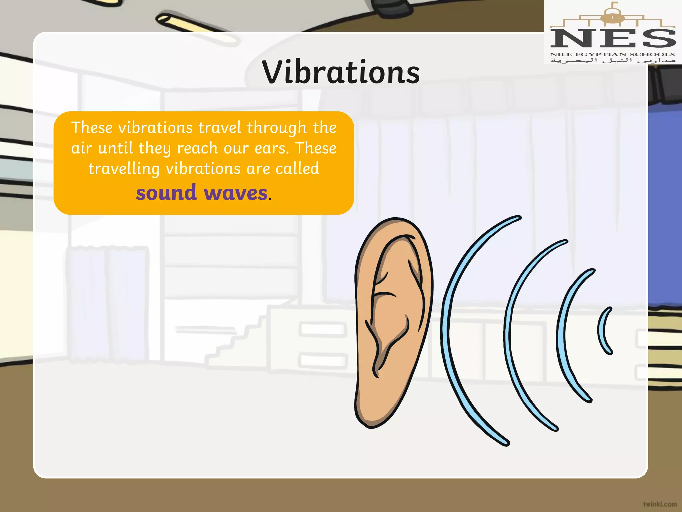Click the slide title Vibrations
tap(341, 72)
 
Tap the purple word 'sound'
tap(166, 193)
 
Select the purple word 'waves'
tap(235, 193)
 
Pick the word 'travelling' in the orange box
tap(124, 169)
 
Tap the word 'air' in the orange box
tap(81, 148)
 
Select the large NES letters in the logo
tap(613, 38)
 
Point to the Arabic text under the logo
tap(613, 61)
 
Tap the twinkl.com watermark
tap(660, 504)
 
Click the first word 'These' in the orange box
tap(92, 128)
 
